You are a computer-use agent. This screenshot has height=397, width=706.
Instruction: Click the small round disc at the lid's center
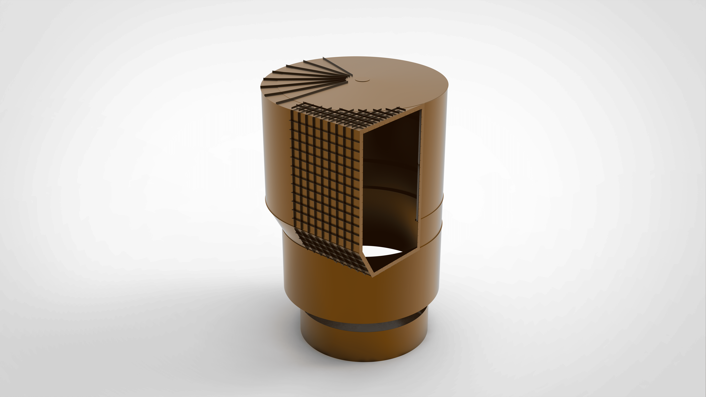pos(362,80)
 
